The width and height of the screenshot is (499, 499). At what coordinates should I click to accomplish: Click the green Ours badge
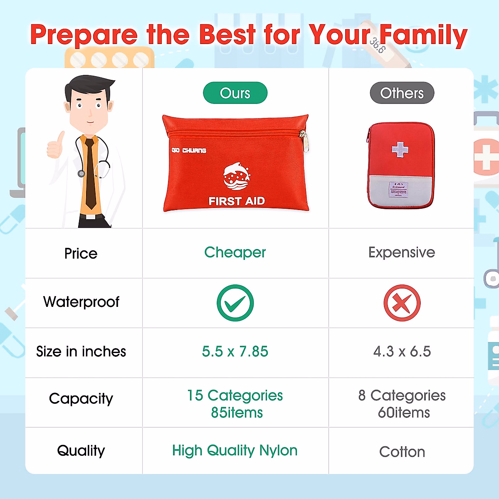tap(235, 93)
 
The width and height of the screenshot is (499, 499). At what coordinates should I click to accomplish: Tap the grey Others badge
tap(402, 93)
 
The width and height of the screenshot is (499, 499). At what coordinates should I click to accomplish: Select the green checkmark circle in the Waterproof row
tap(235, 303)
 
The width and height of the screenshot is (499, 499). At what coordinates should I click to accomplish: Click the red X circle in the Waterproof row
tap(402, 303)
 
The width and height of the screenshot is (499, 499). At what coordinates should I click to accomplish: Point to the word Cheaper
tap(235, 252)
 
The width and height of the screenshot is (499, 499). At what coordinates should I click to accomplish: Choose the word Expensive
tap(402, 252)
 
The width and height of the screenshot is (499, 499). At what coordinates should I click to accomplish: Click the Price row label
tap(81, 253)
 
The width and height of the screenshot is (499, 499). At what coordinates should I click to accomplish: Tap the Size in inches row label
tap(81, 351)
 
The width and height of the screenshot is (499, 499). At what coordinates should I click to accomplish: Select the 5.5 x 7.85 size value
tap(235, 351)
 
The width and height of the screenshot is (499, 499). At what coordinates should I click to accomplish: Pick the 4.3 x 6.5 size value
tap(402, 351)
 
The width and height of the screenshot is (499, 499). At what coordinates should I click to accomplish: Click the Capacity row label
tap(81, 398)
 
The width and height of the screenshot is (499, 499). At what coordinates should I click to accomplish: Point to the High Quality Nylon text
tap(235, 450)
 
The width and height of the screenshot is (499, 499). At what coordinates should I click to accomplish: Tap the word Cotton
tap(402, 452)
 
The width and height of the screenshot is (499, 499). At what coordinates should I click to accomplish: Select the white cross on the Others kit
tap(400, 149)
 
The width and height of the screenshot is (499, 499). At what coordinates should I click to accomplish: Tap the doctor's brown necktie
tap(90, 175)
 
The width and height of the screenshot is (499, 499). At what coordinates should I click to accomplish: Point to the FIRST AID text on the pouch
tap(237, 201)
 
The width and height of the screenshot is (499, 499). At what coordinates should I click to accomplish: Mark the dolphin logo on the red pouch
tap(236, 176)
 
